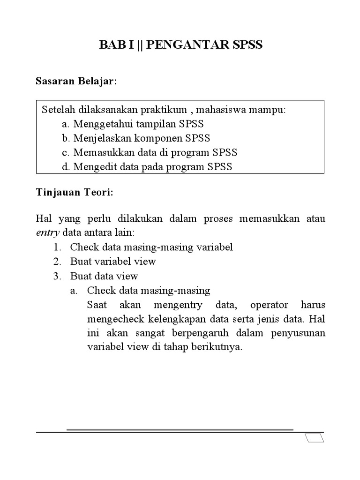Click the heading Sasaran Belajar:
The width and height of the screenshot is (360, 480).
click(x=76, y=82)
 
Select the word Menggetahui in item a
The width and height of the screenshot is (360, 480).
click(x=100, y=124)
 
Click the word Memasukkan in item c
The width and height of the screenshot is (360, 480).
click(x=99, y=152)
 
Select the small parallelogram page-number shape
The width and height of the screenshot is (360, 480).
click(x=314, y=438)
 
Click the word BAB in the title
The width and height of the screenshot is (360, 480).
click(x=110, y=45)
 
